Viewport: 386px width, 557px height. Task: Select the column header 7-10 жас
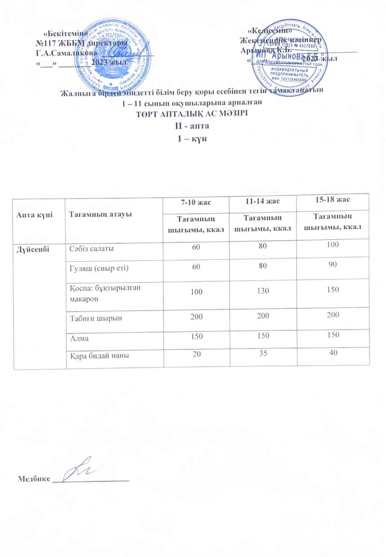[195, 202]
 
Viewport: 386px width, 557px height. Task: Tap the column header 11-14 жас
[263, 201]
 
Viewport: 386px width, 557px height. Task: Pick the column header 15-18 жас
[333, 199]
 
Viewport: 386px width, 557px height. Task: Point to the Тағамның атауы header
[100, 214]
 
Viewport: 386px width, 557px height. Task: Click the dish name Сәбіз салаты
[91, 249]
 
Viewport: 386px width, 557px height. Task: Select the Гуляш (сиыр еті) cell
[99, 268]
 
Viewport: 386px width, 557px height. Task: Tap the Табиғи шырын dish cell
[95, 318]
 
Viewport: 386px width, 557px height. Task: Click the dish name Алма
[79, 338]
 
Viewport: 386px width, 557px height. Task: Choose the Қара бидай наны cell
[99, 355]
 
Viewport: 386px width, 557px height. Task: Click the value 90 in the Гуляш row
[333, 265]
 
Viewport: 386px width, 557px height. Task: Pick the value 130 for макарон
[263, 291]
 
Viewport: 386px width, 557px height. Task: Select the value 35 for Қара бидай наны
[263, 353]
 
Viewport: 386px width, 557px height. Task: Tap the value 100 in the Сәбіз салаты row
[333, 244]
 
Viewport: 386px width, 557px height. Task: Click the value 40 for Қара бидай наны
[333, 352]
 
